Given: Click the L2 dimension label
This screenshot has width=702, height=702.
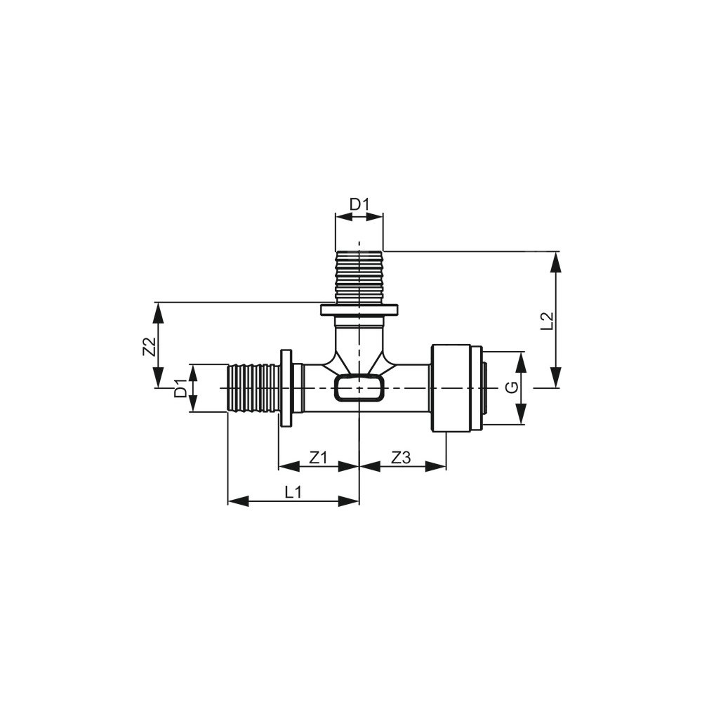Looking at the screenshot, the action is tap(548, 321).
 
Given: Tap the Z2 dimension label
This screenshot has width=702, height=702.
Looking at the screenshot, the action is tap(149, 346).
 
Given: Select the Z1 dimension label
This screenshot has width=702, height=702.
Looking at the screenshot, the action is tap(318, 458).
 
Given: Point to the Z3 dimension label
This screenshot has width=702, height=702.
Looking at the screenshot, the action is tap(401, 458).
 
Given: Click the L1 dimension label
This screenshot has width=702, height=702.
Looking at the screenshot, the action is tap(293, 493).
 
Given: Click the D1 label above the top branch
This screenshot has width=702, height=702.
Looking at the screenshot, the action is tap(359, 204).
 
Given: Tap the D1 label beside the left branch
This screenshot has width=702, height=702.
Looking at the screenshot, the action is tap(180, 388).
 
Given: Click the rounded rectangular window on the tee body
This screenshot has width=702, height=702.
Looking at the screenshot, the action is tap(359, 388).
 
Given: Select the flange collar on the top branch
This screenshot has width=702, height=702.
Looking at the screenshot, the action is tap(359, 310).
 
